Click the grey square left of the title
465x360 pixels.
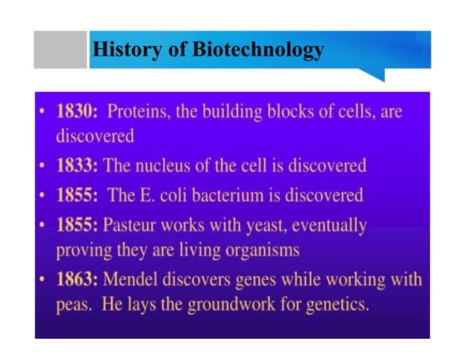60,50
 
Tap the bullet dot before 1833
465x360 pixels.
45,165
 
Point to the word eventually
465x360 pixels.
329,226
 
